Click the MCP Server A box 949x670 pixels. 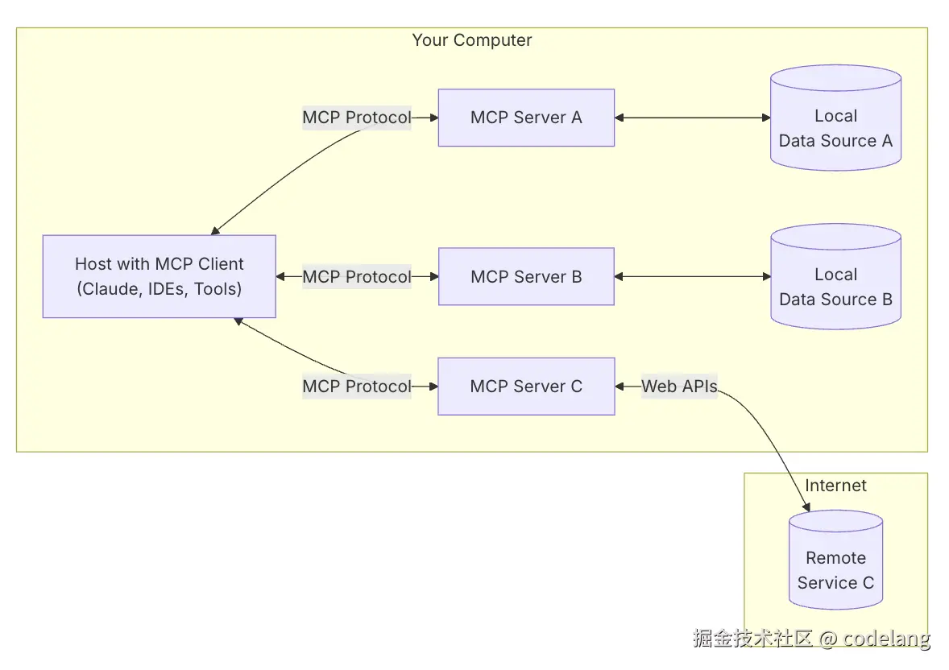[526, 118]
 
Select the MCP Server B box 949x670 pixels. [526, 276]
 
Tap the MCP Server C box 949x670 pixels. [526, 387]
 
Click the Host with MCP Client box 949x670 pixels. [159, 276]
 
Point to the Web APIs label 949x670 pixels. [679, 387]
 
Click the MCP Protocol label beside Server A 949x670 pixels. [357, 118]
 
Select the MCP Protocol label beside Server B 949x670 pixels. [357, 276]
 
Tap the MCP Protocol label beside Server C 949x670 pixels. [357, 387]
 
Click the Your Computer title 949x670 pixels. [472, 40]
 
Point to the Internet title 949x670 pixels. [835, 486]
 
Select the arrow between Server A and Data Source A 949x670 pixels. [693, 118]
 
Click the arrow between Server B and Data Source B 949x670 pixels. [693, 276]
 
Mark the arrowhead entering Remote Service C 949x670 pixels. [806, 507]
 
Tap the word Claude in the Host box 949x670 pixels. [112, 289]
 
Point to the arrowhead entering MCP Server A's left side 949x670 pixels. [433, 118]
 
